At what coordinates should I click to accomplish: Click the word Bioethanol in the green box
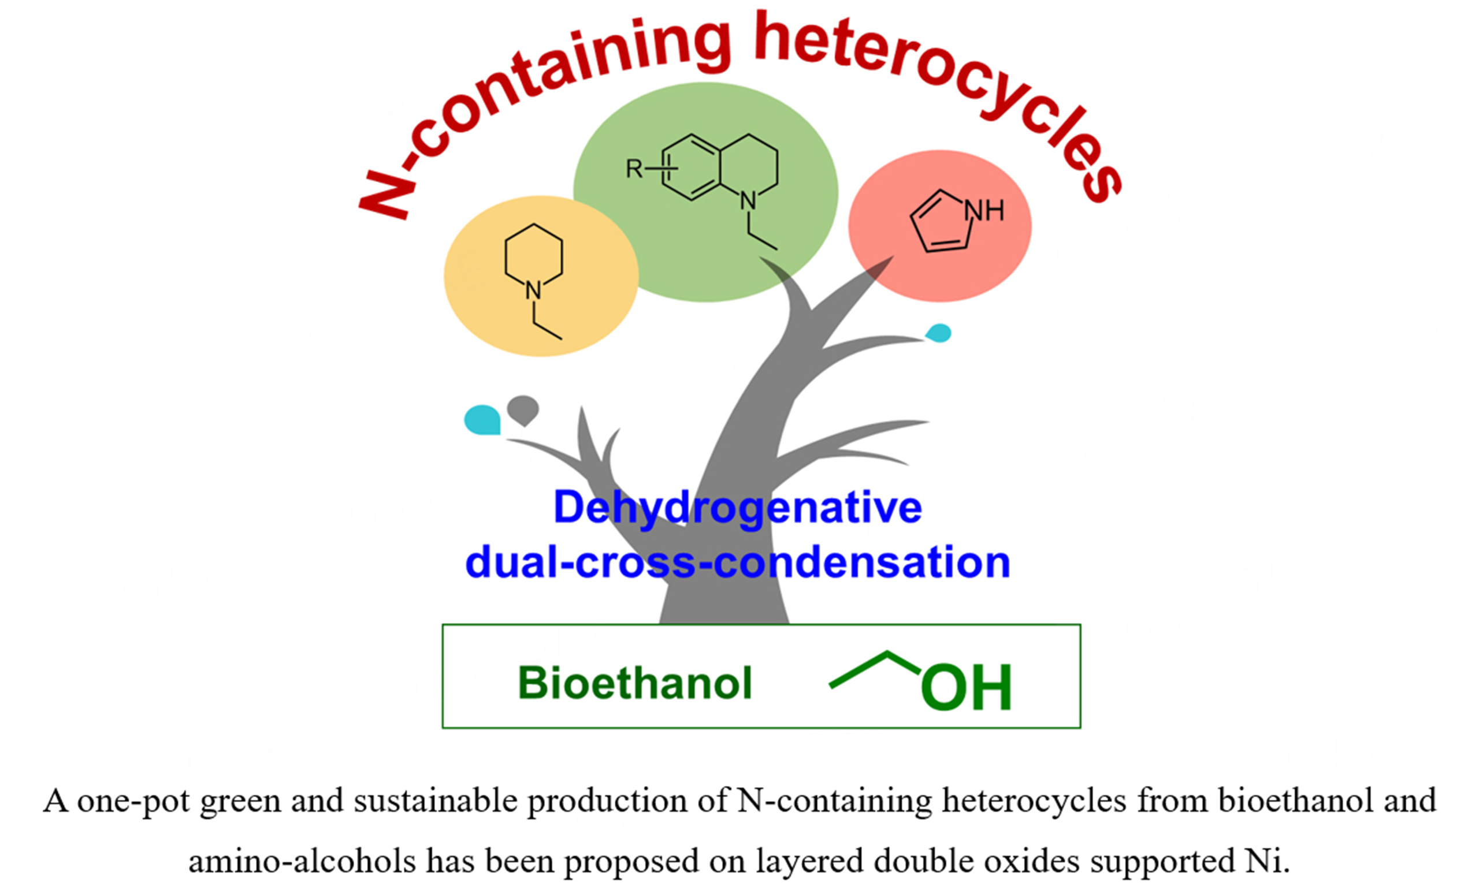634,683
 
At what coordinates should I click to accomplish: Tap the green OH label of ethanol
966,687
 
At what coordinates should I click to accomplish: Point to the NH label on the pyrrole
984,210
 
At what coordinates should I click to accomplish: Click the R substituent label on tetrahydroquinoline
634,169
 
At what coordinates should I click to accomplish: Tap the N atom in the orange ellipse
533,291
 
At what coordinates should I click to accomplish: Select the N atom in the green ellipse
748,202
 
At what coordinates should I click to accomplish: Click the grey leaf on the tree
523,410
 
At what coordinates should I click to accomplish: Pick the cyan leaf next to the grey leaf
482,420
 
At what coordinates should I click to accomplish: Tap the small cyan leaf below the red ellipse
939,333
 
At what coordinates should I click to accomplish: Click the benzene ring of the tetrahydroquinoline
692,167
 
